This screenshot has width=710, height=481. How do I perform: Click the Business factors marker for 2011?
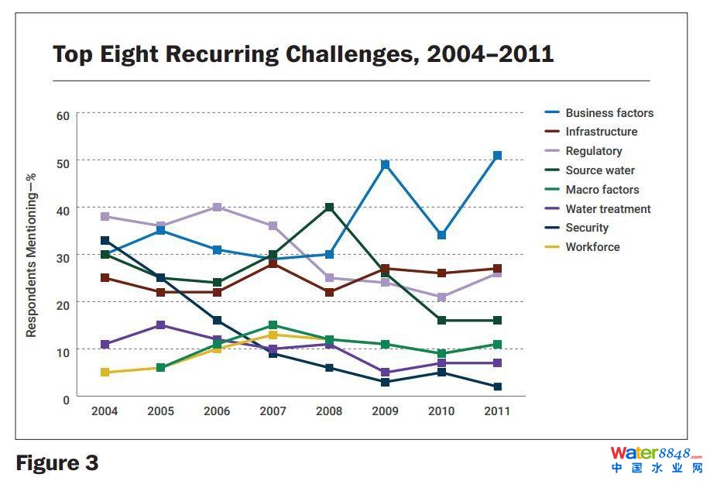point(497,156)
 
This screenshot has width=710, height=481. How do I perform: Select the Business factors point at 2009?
point(385,165)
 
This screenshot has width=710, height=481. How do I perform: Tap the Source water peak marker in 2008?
point(329,208)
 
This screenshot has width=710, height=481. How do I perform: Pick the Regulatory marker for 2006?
point(217,208)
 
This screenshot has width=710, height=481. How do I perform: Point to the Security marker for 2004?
point(105,241)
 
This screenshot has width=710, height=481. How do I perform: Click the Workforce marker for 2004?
point(105,373)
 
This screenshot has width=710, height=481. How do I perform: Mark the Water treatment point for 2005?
point(161,325)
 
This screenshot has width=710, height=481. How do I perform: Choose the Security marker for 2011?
point(497,387)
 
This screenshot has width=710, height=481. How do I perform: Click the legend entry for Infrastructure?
point(601,132)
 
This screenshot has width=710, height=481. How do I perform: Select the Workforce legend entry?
point(592,247)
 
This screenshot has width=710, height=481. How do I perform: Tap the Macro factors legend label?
point(602,190)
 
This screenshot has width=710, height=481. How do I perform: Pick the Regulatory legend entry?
point(593,151)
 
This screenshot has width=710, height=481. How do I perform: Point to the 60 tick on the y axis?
point(63,115)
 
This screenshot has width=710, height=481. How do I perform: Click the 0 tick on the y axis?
point(66,399)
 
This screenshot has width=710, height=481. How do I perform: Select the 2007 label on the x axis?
point(273,411)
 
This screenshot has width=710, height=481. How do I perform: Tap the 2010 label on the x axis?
point(441,411)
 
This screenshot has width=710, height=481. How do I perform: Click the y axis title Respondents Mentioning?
point(32,255)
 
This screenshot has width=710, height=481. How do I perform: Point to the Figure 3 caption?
point(57,463)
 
